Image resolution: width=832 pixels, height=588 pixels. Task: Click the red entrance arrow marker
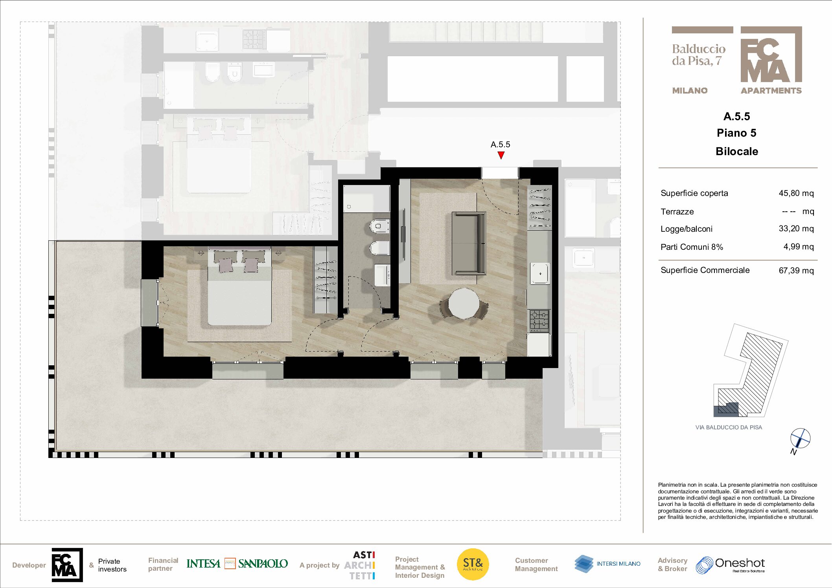pyautogui.click(x=501, y=155)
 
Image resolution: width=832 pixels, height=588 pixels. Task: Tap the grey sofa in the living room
pyautogui.click(x=469, y=243)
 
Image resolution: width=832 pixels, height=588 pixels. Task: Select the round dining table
pyautogui.click(x=464, y=303)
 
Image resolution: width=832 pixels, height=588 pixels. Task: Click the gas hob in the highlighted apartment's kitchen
pyautogui.click(x=539, y=320)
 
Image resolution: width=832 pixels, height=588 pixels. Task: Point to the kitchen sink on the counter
pyautogui.click(x=540, y=273)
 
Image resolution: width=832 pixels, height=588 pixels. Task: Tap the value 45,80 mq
pyautogui.click(x=796, y=193)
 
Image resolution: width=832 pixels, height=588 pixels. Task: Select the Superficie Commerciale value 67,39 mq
pyautogui.click(x=796, y=271)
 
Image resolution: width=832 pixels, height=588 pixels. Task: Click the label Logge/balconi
pyautogui.click(x=687, y=229)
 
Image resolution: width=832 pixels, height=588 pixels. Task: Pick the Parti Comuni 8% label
pyautogui.click(x=692, y=247)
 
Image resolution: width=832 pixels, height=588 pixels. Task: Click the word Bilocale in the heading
pyautogui.click(x=737, y=151)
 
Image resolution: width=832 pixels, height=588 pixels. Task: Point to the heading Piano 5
pyautogui.click(x=736, y=133)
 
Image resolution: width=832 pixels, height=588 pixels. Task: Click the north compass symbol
pyautogui.click(x=800, y=438)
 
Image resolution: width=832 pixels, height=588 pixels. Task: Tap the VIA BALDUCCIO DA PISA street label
pyautogui.click(x=729, y=427)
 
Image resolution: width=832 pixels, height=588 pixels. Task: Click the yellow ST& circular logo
pyautogui.click(x=473, y=564)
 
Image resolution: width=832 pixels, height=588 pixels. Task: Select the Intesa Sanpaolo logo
pyautogui.click(x=237, y=564)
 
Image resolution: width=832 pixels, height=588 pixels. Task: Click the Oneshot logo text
pyautogui.click(x=740, y=563)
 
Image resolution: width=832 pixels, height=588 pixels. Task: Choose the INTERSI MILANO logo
pyautogui.click(x=607, y=564)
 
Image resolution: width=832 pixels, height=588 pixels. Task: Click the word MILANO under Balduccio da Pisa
pyautogui.click(x=690, y=91)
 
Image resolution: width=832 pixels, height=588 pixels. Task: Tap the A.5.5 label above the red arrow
pyautogui.click(x=501, y=145)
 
